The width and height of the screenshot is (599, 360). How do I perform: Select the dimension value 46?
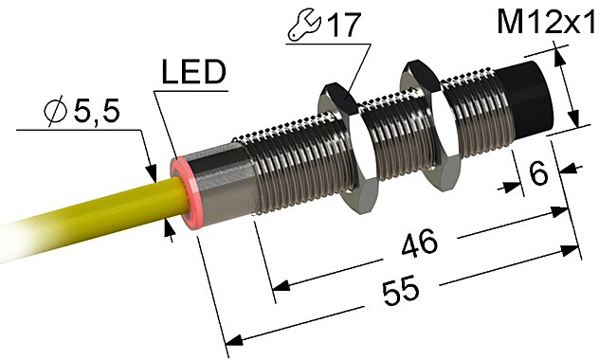click(417, 243)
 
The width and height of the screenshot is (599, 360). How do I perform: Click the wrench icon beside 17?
click(300, 27)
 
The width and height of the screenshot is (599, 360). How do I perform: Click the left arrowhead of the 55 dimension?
click(229, 338)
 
